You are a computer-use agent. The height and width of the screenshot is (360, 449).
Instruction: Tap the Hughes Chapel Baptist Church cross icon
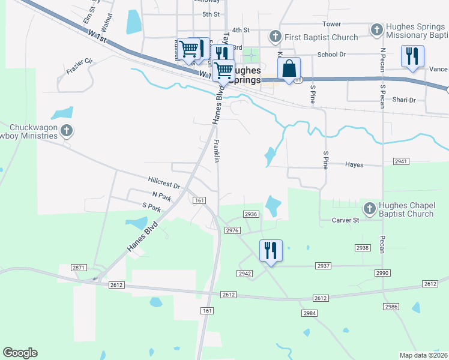pos(370,209)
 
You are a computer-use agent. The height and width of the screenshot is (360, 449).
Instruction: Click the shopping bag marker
pos(289,68)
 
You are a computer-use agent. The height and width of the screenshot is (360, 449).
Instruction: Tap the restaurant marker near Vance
pos(412,56)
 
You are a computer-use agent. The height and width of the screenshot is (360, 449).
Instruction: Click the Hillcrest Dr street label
pos(164,180)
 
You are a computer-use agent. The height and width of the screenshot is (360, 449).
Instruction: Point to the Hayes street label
pos(354,164)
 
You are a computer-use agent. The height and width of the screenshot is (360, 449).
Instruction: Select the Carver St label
pos(345,220)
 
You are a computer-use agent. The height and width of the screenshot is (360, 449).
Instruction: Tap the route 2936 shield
pos(251,214)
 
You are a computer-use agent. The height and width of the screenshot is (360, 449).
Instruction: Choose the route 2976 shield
pos(232,230)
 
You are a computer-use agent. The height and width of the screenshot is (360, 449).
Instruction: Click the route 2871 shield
pos(79,267)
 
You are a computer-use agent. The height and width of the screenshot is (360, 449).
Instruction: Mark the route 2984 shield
pos(310,313)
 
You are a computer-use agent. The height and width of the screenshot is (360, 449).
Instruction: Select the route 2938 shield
pos(362,247)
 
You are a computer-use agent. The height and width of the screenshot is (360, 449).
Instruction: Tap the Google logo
pos(20,353)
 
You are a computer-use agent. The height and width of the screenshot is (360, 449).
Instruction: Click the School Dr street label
pos(331,54)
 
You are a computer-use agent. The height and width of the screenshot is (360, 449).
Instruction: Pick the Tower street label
pos(331,24)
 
